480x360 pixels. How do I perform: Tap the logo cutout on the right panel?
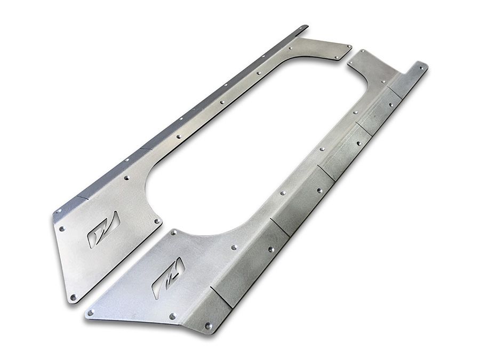point(168,278)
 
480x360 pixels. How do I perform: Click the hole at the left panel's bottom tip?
point(73,297)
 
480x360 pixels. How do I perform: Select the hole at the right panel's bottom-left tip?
point(91,313)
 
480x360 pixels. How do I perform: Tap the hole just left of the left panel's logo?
point(62,229)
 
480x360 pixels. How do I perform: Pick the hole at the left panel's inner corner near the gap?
point(157,220)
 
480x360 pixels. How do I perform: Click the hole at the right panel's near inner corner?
point(173,233)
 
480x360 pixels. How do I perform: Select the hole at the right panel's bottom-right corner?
point(209,325)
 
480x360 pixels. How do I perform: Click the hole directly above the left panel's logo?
point(126,176)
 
